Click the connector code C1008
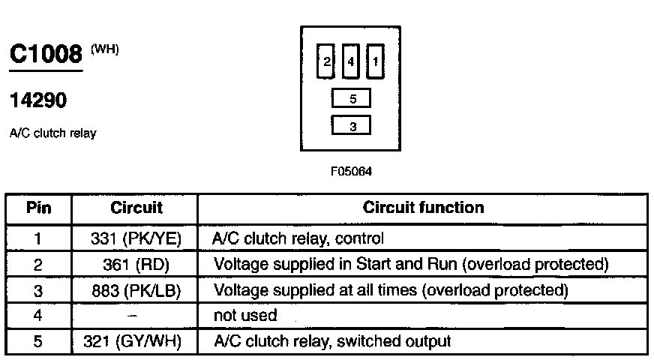click(46, 54)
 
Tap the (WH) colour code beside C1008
click(105, 49)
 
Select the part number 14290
click(38, 100)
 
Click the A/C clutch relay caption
click(53, 133)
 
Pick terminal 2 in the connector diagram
click(325, 61)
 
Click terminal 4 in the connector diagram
click(351, 61)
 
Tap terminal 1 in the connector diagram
click(376, 61)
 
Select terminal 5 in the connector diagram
click(351, 98)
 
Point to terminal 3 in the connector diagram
click(351, 125)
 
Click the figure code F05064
click(351, 172)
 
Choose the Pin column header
click(38, 207)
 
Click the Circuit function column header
click(423, 207)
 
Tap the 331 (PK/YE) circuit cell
click(136, 238)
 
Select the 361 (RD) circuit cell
click(136, 265)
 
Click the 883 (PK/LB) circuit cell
click(136, 291)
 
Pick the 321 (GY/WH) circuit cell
click(133, 341)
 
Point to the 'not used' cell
click(245, 315)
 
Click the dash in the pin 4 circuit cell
click(132, 316)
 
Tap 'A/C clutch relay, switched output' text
click(332, 341)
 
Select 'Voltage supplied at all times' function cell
click(391, 290)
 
